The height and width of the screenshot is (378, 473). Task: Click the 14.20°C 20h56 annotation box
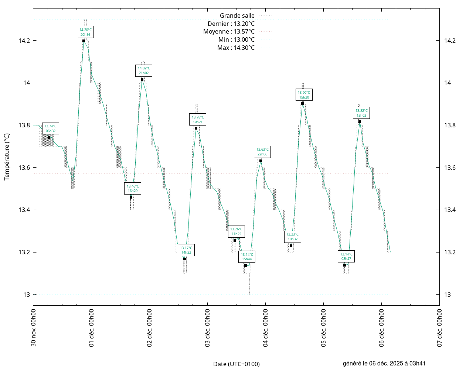pos(85,32)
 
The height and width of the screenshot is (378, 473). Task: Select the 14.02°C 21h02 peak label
pos(144,71)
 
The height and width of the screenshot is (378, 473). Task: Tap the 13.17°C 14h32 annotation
pos(186,250)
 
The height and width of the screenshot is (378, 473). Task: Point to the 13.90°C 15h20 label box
pos(304,95)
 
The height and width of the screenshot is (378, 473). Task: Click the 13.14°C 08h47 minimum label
pos(346,257)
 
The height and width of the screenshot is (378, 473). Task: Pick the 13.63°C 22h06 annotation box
pos(262,152)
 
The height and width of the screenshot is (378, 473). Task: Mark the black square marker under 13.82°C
pos(360,122)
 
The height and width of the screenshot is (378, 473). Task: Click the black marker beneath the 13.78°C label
pos(196,128)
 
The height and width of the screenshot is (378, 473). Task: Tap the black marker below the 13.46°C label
pos(131,197)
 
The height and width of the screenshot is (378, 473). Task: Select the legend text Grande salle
pos(237,16)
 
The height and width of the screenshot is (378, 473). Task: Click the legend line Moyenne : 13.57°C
pos(229,32)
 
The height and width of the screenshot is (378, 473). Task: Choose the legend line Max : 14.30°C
pos(236,48)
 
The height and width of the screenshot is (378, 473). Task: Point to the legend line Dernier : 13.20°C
pos(231,24)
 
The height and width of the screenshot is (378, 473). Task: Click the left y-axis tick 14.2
pos(24,41)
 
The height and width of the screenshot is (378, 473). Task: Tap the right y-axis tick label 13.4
pos(450,210)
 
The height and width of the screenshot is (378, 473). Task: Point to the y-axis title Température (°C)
pos(7,157)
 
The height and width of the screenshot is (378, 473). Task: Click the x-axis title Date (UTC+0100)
pos(236,364)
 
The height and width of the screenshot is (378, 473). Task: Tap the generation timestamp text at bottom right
pos(384,364)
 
